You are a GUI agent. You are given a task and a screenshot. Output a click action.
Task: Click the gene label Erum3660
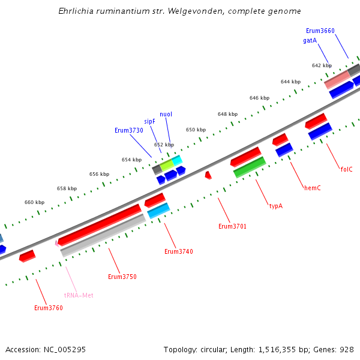(x=320, y=31)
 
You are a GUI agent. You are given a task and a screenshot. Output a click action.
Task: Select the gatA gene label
(x=310, y=40)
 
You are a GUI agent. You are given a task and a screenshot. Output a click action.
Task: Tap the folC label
(x=346, y=169)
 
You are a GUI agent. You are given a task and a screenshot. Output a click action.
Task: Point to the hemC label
(x=312, y=188)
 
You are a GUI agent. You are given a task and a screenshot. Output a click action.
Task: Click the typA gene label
(x=275, y=206)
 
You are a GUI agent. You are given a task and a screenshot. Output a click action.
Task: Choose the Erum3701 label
(x=232, y=226)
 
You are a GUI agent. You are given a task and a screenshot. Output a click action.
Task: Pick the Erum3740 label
(x=179, y=251)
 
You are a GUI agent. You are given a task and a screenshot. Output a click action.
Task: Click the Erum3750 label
(x=122, y=277)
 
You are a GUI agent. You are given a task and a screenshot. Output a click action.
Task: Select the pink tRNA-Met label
(x=79, y=295)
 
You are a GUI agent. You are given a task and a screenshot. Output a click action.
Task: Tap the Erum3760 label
(x=49, y=308)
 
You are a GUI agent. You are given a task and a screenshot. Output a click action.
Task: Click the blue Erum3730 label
(x=129, y=130)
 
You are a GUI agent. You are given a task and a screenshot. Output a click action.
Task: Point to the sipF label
(x=149, y=121)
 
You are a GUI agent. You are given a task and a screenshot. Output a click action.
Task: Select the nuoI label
(x=166, y=114)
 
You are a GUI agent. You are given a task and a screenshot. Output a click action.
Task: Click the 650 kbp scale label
(x=195, y=130)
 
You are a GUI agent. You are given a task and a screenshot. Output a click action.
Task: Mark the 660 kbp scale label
(x=34, y=202)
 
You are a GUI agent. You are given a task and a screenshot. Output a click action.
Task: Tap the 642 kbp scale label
(x=322, y=65)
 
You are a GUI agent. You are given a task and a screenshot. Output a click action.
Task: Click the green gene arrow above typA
(x=250, y=167)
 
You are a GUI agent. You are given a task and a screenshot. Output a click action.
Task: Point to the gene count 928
(x=346, y=349)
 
